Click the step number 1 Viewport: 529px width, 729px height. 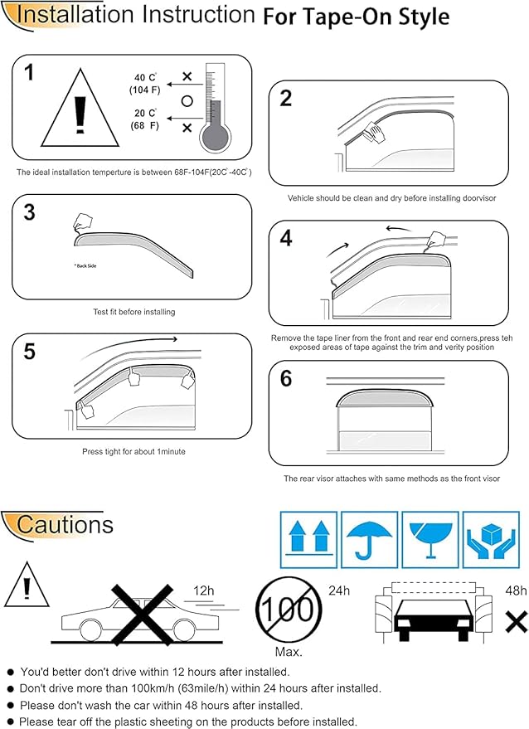coord(29,73)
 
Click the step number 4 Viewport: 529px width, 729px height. coord(286,239)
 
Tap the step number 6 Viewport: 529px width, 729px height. coord(286,379)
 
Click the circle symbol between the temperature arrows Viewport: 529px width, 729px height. coord(187,101)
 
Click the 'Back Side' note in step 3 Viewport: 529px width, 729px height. coord(85,266)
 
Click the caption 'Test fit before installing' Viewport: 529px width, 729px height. coord(133,312)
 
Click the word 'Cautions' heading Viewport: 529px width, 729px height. coord(65,524)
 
